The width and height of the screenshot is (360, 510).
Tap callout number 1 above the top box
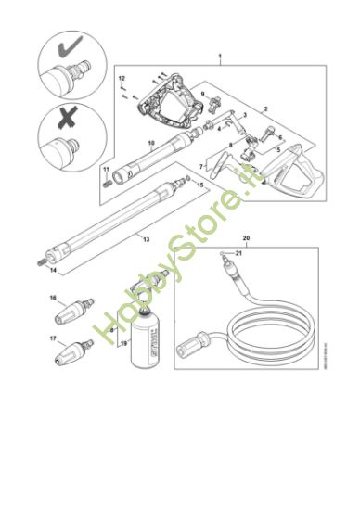click(x=219, y=58)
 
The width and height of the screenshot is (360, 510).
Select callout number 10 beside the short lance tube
click(x=150, y=144)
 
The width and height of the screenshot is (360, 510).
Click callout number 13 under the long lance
click(x=145, y=238)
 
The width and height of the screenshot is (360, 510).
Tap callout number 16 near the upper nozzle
click(x=53, y=299)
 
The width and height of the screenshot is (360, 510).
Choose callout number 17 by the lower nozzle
click(x=53, y=340)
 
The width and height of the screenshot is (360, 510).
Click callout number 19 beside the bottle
click(x=122, y=343)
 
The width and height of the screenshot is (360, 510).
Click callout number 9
click(x=202, y=94)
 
